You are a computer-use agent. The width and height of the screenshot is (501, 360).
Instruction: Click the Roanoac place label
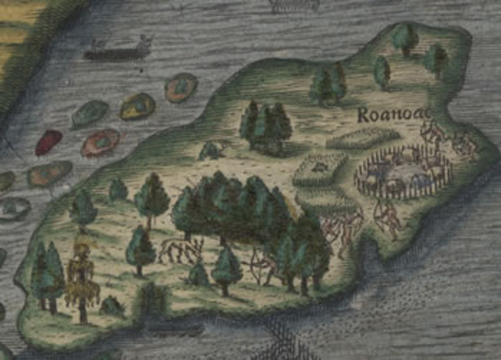pos(387,116)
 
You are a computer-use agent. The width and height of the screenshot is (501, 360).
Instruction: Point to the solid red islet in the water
pos(49,142)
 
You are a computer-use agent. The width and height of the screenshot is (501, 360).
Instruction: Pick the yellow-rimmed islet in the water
pos(137,106)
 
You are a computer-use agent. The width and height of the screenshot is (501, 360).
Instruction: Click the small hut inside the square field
pos(319,167)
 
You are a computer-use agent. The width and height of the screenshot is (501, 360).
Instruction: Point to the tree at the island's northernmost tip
pos(405,38)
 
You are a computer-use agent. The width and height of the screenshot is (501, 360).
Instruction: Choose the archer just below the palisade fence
pos(387,218)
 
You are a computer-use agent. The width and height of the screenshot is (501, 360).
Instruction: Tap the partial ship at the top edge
pos(294,5)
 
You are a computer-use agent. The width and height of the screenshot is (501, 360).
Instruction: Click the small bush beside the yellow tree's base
pos(111,305)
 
